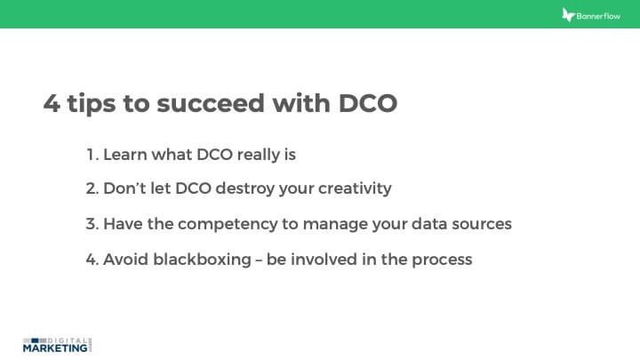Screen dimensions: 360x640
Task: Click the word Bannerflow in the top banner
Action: coord(601,15)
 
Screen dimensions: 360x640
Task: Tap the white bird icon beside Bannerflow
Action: coord(569,15)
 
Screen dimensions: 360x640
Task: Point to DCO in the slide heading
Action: coord(368,103)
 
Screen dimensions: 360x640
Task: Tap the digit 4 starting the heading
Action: coord(52,103)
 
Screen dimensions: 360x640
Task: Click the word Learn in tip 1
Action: coord(125,155)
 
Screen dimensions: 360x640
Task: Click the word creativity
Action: coord(351,189)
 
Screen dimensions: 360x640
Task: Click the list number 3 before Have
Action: coord(92,224)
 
